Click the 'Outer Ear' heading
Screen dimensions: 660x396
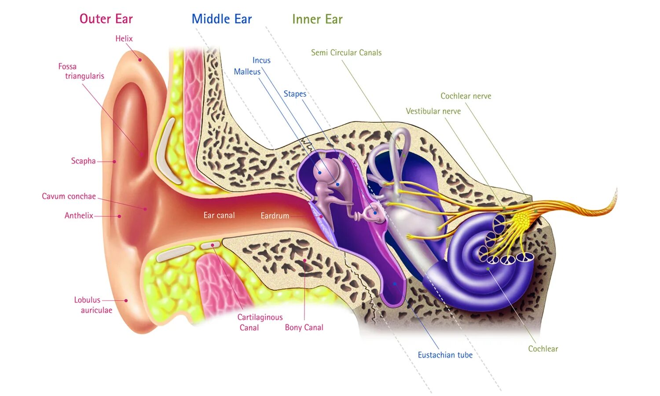pyautogui.click(x=106, y=19)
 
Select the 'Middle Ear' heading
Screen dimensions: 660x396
pyautogui.click(x=222, y=19)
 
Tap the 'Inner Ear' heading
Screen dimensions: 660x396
pyautogui.click(x=317, y=19)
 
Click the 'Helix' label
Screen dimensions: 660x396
pyautogui.click(x=124, y=39)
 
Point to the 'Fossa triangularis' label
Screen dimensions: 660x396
pyautogui.click(x=81, y=71)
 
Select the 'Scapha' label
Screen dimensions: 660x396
pyautogui.click(x=83, y=161)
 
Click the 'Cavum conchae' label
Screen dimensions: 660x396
pyautogui.click(x=69, y=196)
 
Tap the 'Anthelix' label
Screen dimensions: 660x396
pyautogui.click(x=79, y=216)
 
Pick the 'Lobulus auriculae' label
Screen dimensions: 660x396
pyautogui.click(x=93, y=305)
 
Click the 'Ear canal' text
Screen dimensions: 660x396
pyautogui.click(x=219, y=215)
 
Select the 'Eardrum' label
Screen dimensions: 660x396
pyautogui.click(x=275, y=216)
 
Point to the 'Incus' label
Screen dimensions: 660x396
pyautogui.click(x=261, y=60)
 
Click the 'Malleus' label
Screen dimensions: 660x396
pyautogui.click(x=247, y=72)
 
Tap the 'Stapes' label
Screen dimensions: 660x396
pyautogui.click(x=295, y=94)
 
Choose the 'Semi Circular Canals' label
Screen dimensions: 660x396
pyautogui.click(x=346, y=53)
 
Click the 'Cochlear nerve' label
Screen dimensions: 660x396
pyautogui.click(x=466, y=96)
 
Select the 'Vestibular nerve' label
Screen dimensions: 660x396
pyautogui.click(x=433, y=111)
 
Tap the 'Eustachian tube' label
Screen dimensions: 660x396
pyautogui.click(x=445, y=355)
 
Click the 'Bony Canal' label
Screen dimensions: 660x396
pyautogui.click(x=304, y=327)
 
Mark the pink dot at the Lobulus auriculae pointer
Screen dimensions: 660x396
pyautogui.click(x=126, y=301)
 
